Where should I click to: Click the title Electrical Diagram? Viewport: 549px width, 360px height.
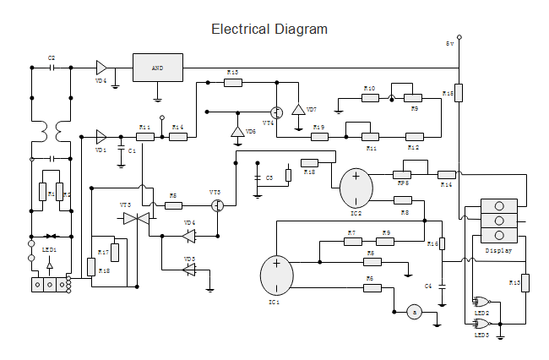pyautogui.click(x=269, y=30)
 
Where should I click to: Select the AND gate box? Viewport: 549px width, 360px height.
pyautogui.click(x=157, y=67)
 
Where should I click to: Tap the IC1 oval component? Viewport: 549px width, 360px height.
pyautogui.click(x=275, y=275)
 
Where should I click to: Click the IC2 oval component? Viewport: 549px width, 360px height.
pyautogui.click(x=356, y=187)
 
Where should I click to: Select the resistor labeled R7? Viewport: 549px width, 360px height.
pyautogui.click(x=353, y=242)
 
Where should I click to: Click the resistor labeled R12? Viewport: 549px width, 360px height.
pyautogui.click(x=414, y=136)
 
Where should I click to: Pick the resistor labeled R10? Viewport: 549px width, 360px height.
pyautogui.click(x=370, y=97)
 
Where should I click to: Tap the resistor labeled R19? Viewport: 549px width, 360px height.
pyautogui.click(x=318, y=136)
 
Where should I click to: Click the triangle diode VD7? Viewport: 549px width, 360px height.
pyautogui.click(x=298, y=110)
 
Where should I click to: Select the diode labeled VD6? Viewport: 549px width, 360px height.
pyautogui.click(x=237, y=133)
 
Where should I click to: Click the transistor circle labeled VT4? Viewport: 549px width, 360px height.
pyautogui.click(x=275, y=112)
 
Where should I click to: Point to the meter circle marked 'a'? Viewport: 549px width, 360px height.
pyautogui.click(x=414, y=312)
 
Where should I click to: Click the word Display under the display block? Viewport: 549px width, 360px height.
pyautogui.click(x=498, y=250)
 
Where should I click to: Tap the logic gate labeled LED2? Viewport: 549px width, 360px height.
pyautogui.click(x=483, y=301)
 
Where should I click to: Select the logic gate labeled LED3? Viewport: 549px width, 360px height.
pyautogui.click(x=483, y=322)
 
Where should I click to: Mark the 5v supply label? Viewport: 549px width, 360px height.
pyautogui.click(x=450, y=42)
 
